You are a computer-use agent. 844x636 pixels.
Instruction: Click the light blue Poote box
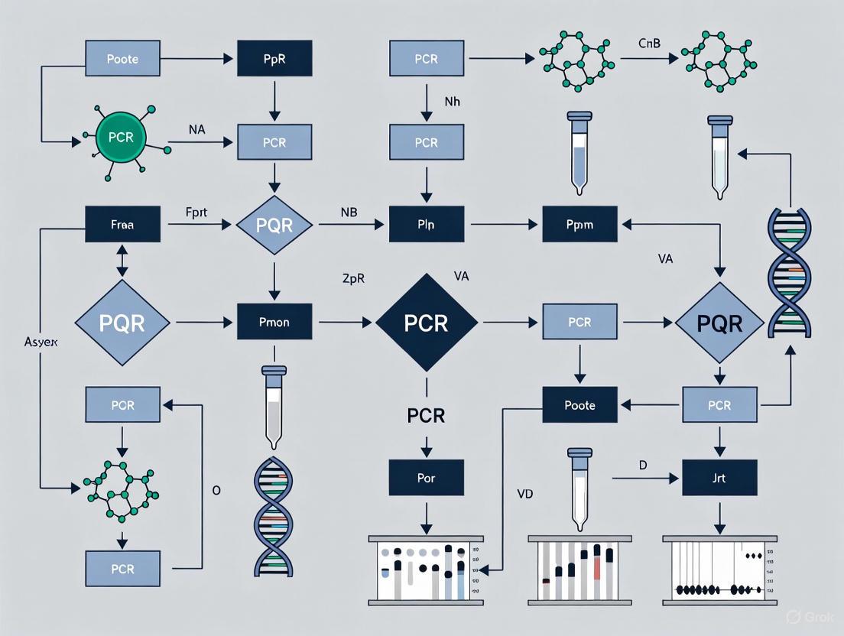click(122, 58)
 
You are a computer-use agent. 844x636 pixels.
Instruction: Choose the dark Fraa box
click(122, 226)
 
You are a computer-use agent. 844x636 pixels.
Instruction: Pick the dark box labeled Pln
click(426, 226)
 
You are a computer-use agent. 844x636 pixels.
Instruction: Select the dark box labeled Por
click(426, 478)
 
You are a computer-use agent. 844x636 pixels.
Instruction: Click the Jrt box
click(719, 478)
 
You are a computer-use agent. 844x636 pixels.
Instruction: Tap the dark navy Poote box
click(579, 405)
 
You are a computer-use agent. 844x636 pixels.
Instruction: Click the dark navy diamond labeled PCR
click(427, 322)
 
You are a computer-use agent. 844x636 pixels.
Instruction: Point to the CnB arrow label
click(649, 44)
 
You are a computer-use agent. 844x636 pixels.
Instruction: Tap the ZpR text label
click(352, 278)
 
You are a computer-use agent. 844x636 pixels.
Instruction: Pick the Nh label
click(453, 100)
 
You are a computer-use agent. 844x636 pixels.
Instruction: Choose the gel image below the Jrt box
click(719, 569)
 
